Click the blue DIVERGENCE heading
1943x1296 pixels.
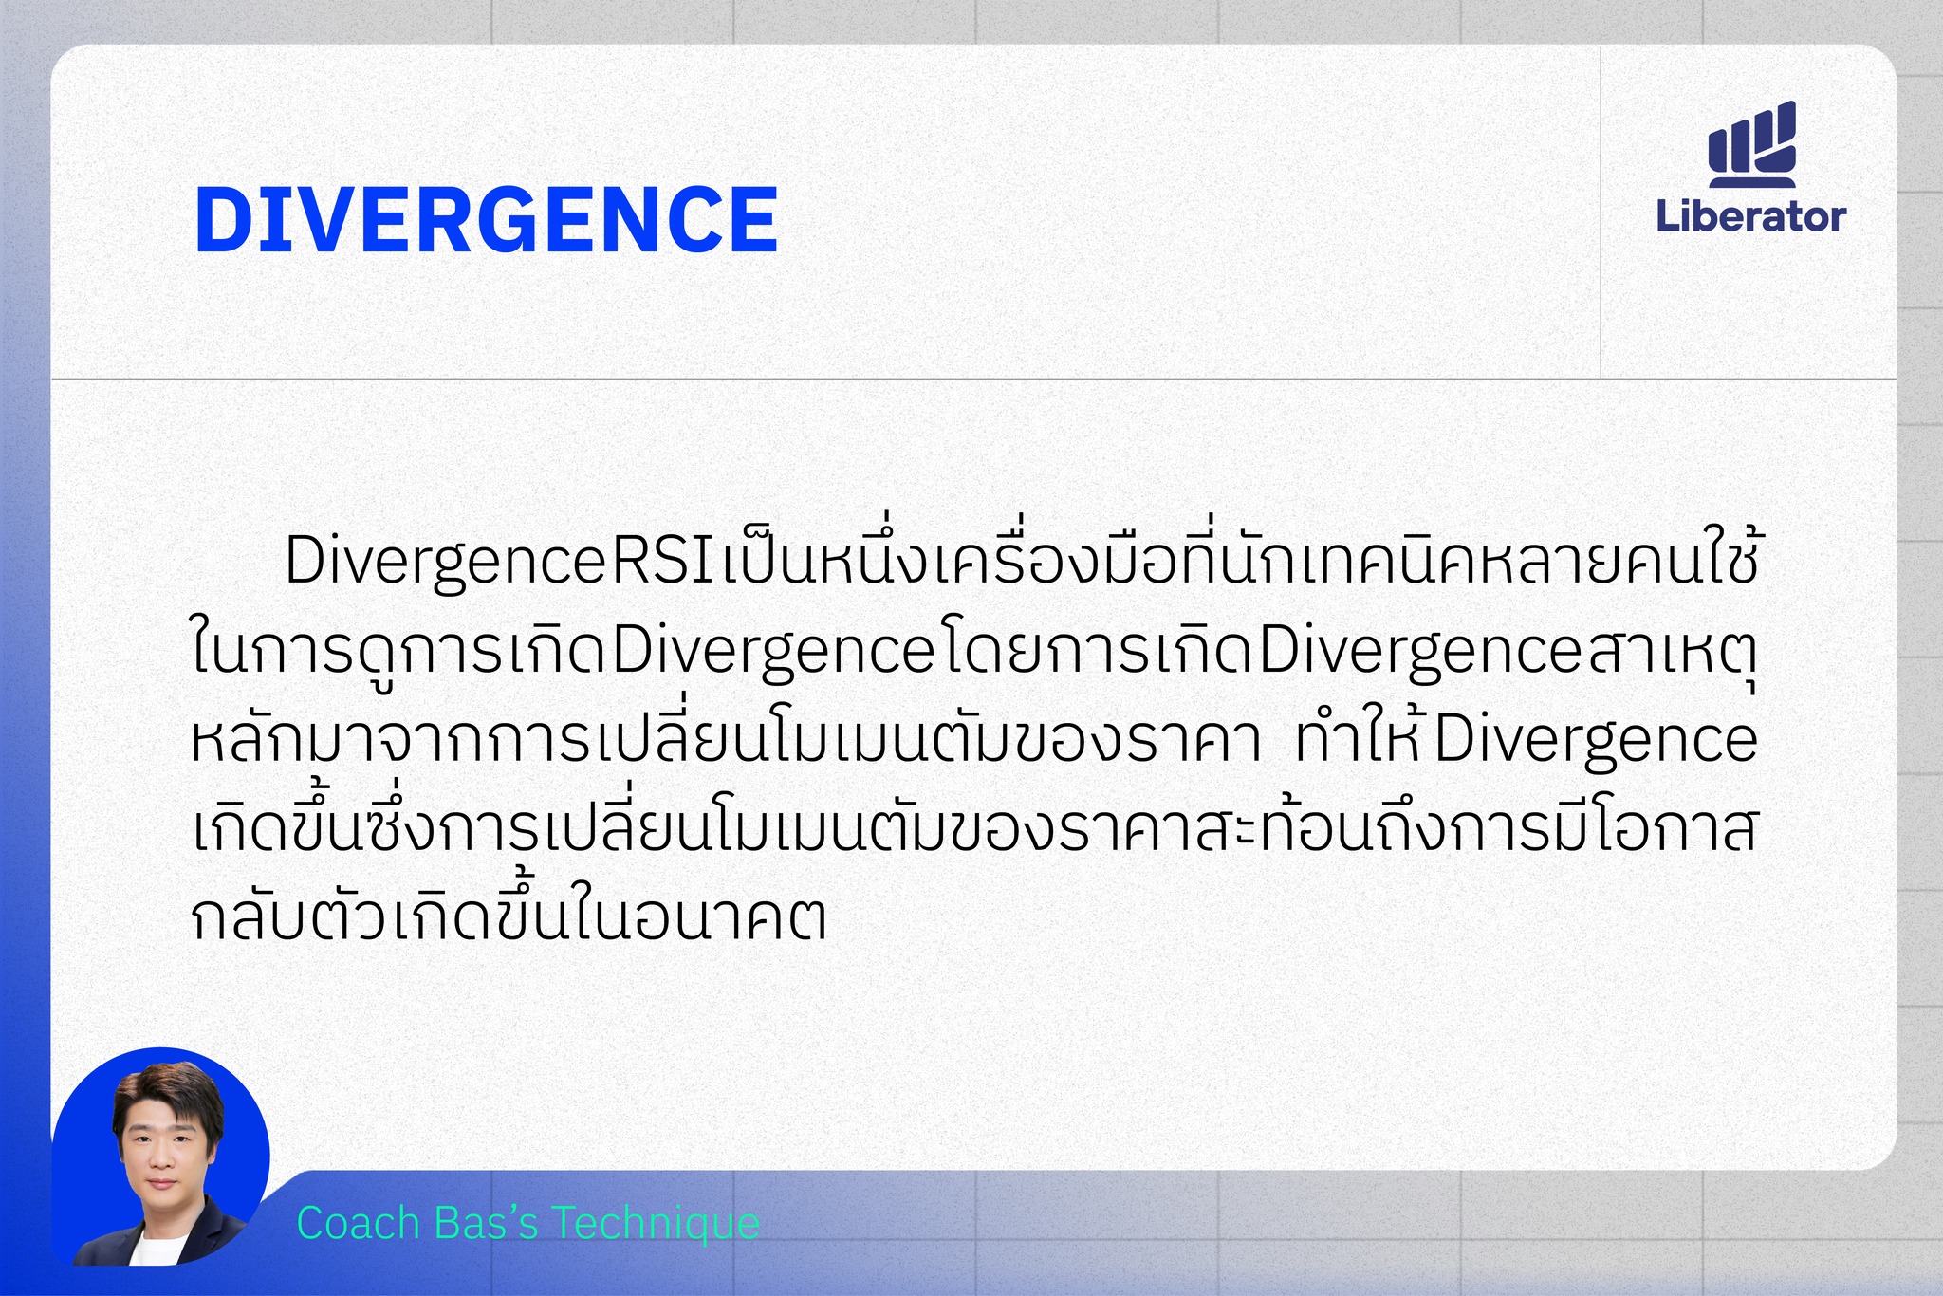point(486,219)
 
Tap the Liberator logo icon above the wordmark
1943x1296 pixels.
point(1752,143)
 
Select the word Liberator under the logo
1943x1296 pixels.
point(1751,216)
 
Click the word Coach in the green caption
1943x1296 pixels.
point(358,1223)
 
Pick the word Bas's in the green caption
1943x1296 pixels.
point(486,1223)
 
